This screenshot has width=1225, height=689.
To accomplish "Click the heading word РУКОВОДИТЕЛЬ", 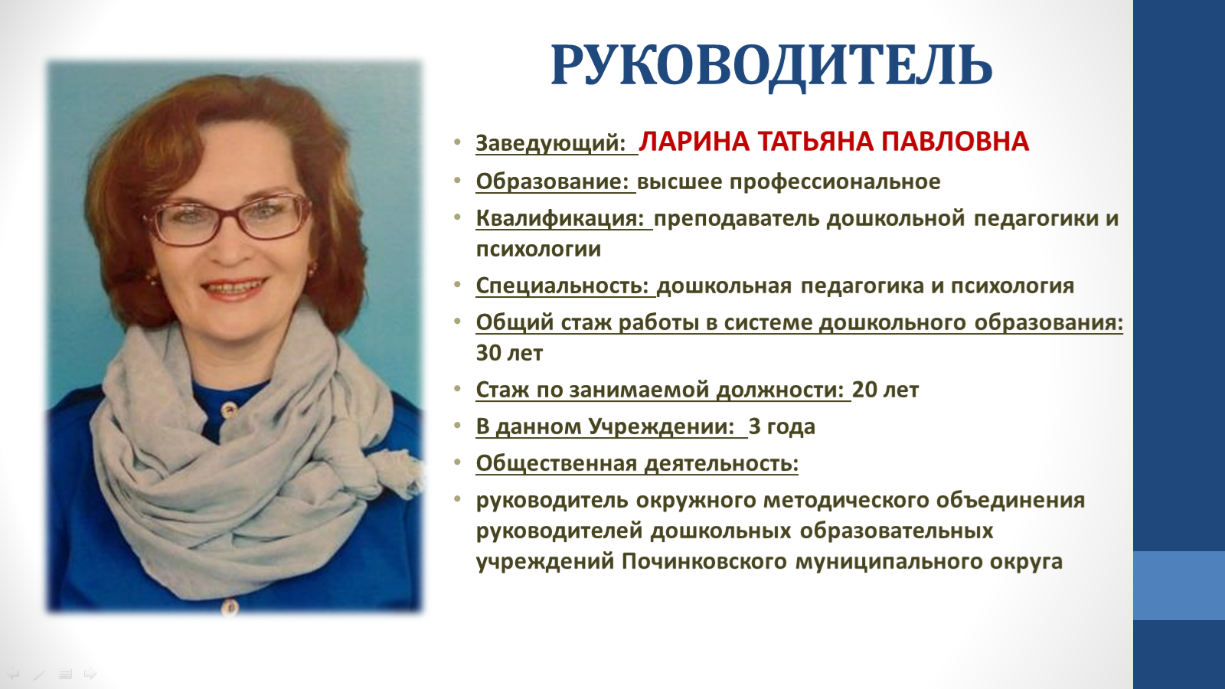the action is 771,67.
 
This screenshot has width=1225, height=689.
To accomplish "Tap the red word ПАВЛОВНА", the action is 955,142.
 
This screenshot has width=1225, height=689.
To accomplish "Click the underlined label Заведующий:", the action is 550,143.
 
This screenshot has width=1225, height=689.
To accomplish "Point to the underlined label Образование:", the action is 552,181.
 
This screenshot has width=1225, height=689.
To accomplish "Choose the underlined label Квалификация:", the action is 560,219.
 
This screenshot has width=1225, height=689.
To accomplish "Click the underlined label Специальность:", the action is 562,286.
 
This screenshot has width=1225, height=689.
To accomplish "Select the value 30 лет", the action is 509,353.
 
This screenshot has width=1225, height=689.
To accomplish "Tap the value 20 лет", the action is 885,390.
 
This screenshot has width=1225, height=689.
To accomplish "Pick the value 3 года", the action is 782,427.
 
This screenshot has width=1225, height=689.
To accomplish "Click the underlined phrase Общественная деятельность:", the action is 637,464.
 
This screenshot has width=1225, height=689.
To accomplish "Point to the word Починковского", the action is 704,562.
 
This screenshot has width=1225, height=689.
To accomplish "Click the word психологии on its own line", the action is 538,250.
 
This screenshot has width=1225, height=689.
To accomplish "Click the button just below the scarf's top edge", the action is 229,409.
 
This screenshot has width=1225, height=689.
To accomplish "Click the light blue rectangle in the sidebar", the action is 1179,586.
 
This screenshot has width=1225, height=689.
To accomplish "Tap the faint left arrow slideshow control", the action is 13,673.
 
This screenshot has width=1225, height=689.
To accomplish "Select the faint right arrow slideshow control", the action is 90,673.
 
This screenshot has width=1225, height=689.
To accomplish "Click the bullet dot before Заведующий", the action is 457,142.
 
